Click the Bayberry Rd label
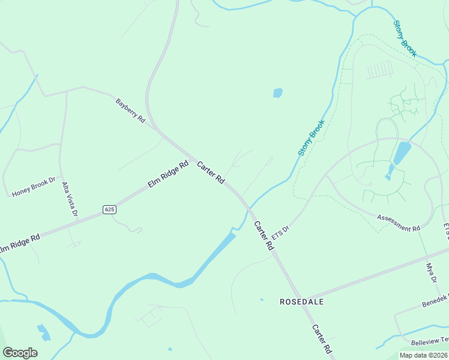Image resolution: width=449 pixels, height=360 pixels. [x=130, y=111]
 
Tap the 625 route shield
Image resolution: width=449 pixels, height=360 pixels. [x=109, y=209]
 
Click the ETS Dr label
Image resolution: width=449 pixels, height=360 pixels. [x=281, y=236]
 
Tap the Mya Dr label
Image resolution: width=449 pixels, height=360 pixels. [x=430, y=273]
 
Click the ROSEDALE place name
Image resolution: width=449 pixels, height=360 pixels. [x=301, y=302]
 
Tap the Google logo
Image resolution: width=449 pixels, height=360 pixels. [x=20, y=353]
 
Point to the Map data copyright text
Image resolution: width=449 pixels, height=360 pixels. [x=423, y=355]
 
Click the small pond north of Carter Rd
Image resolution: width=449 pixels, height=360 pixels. [x=277, y=93]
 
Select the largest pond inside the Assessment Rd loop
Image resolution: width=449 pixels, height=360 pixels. [x=401, y=152]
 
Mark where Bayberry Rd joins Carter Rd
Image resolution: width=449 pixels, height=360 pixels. [x=157, y=129]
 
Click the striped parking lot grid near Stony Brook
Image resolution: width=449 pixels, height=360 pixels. [x=379, y=70]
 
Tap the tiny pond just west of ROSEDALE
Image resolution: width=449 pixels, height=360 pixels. [x=261, y=299]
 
